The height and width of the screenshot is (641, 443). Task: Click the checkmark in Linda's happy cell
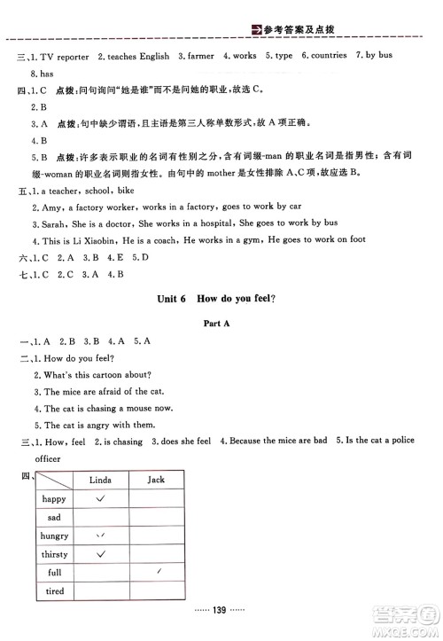(x=102, y=498)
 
